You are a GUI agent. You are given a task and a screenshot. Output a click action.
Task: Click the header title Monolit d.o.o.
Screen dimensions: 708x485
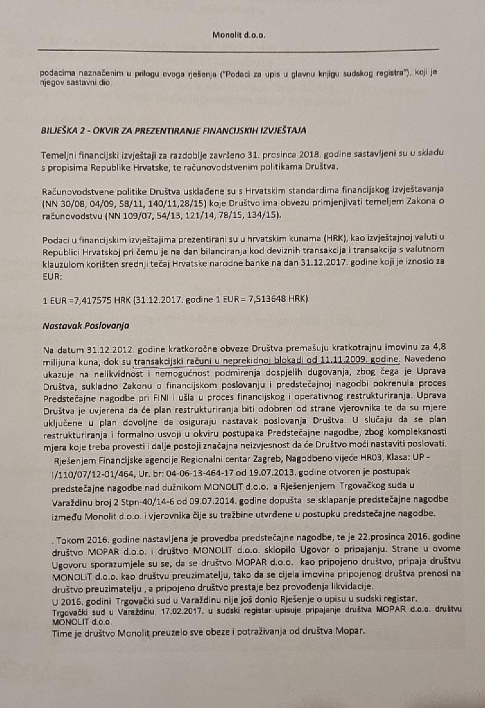click(x=238, y=35)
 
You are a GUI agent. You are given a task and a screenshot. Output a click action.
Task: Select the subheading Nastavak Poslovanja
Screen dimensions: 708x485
click(x=77, y=326)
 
